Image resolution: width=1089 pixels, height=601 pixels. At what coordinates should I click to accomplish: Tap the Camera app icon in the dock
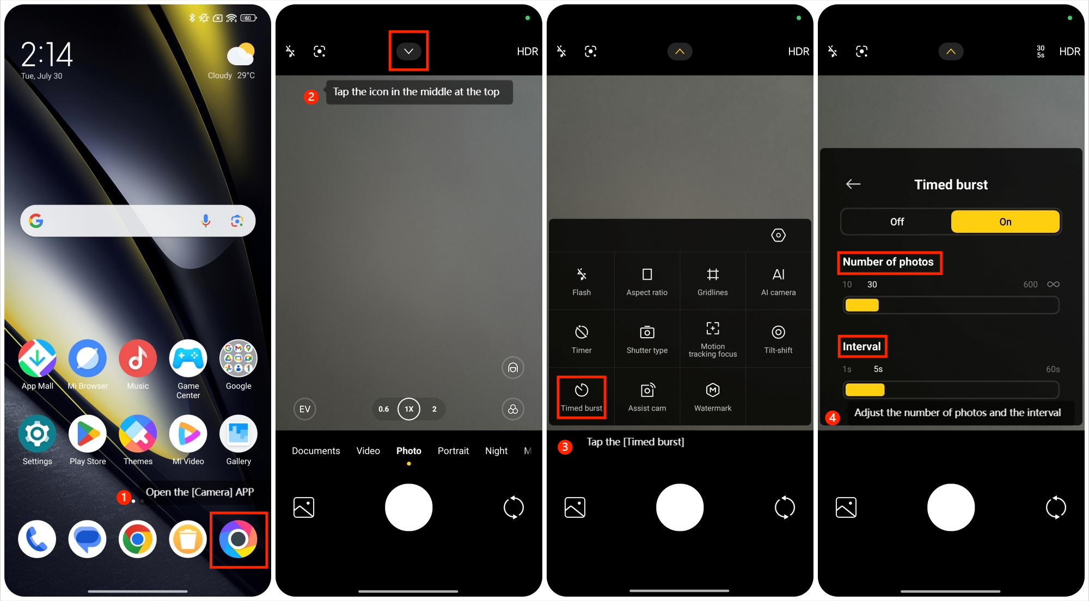coord(238,539)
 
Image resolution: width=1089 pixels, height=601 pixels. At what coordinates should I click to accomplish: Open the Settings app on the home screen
coord(37,434)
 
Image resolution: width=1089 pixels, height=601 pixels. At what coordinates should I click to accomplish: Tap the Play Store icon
coord(88,434)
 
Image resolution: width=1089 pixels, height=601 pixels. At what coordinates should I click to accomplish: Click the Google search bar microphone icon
coord(206,221)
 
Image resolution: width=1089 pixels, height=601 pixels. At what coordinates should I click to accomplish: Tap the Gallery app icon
coord(238,434)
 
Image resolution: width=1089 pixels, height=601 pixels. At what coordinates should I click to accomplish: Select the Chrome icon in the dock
coord(138,539)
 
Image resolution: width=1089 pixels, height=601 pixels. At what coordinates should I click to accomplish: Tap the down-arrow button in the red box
coord(408,51)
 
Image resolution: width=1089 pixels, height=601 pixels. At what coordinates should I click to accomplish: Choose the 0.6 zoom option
coord(384,409)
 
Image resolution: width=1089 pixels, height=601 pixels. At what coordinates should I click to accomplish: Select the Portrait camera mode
coord(453,451)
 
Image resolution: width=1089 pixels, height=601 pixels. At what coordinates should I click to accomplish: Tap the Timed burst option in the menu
coord(582,398)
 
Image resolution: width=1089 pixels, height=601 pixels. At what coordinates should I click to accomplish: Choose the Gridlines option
coord(713,282)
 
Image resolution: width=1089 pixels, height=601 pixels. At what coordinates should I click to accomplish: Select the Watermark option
coord(713,398)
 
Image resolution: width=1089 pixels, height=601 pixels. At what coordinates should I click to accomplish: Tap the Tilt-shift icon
coord(778,332)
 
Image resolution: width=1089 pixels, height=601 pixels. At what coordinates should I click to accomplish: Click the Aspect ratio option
coord(647,282)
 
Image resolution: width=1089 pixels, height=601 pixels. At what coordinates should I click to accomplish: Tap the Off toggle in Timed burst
coord(897,222)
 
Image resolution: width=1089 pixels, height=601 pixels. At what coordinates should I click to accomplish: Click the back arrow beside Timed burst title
coord(853,184)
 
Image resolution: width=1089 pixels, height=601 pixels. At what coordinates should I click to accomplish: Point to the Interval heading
coord(861,346)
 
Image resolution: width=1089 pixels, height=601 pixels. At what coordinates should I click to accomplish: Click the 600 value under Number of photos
coord(1030,284)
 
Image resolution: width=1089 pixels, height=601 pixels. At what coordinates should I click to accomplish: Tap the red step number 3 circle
coord(565,447)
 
